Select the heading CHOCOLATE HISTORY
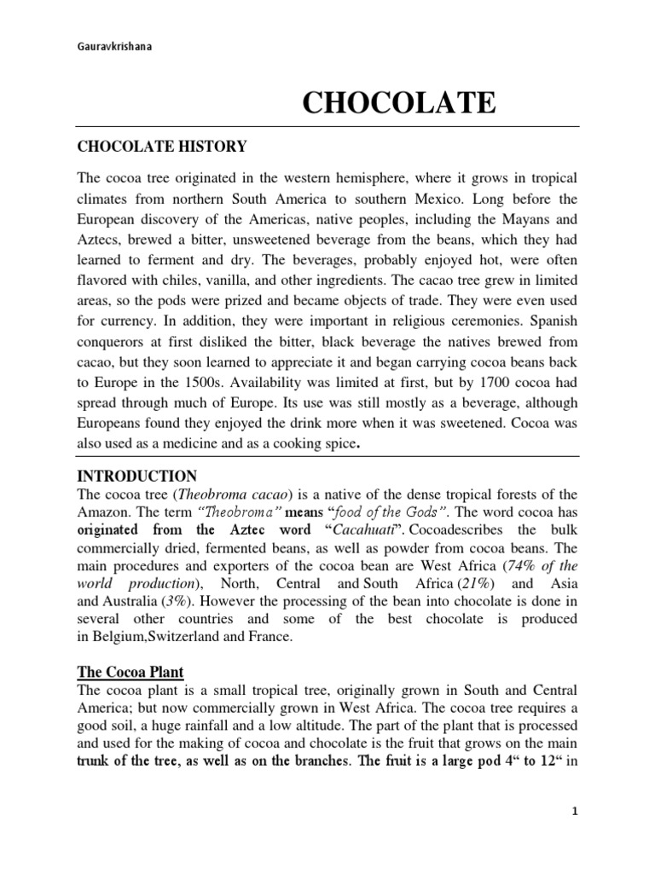click(162, 147)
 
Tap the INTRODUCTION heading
click(136, 476)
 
